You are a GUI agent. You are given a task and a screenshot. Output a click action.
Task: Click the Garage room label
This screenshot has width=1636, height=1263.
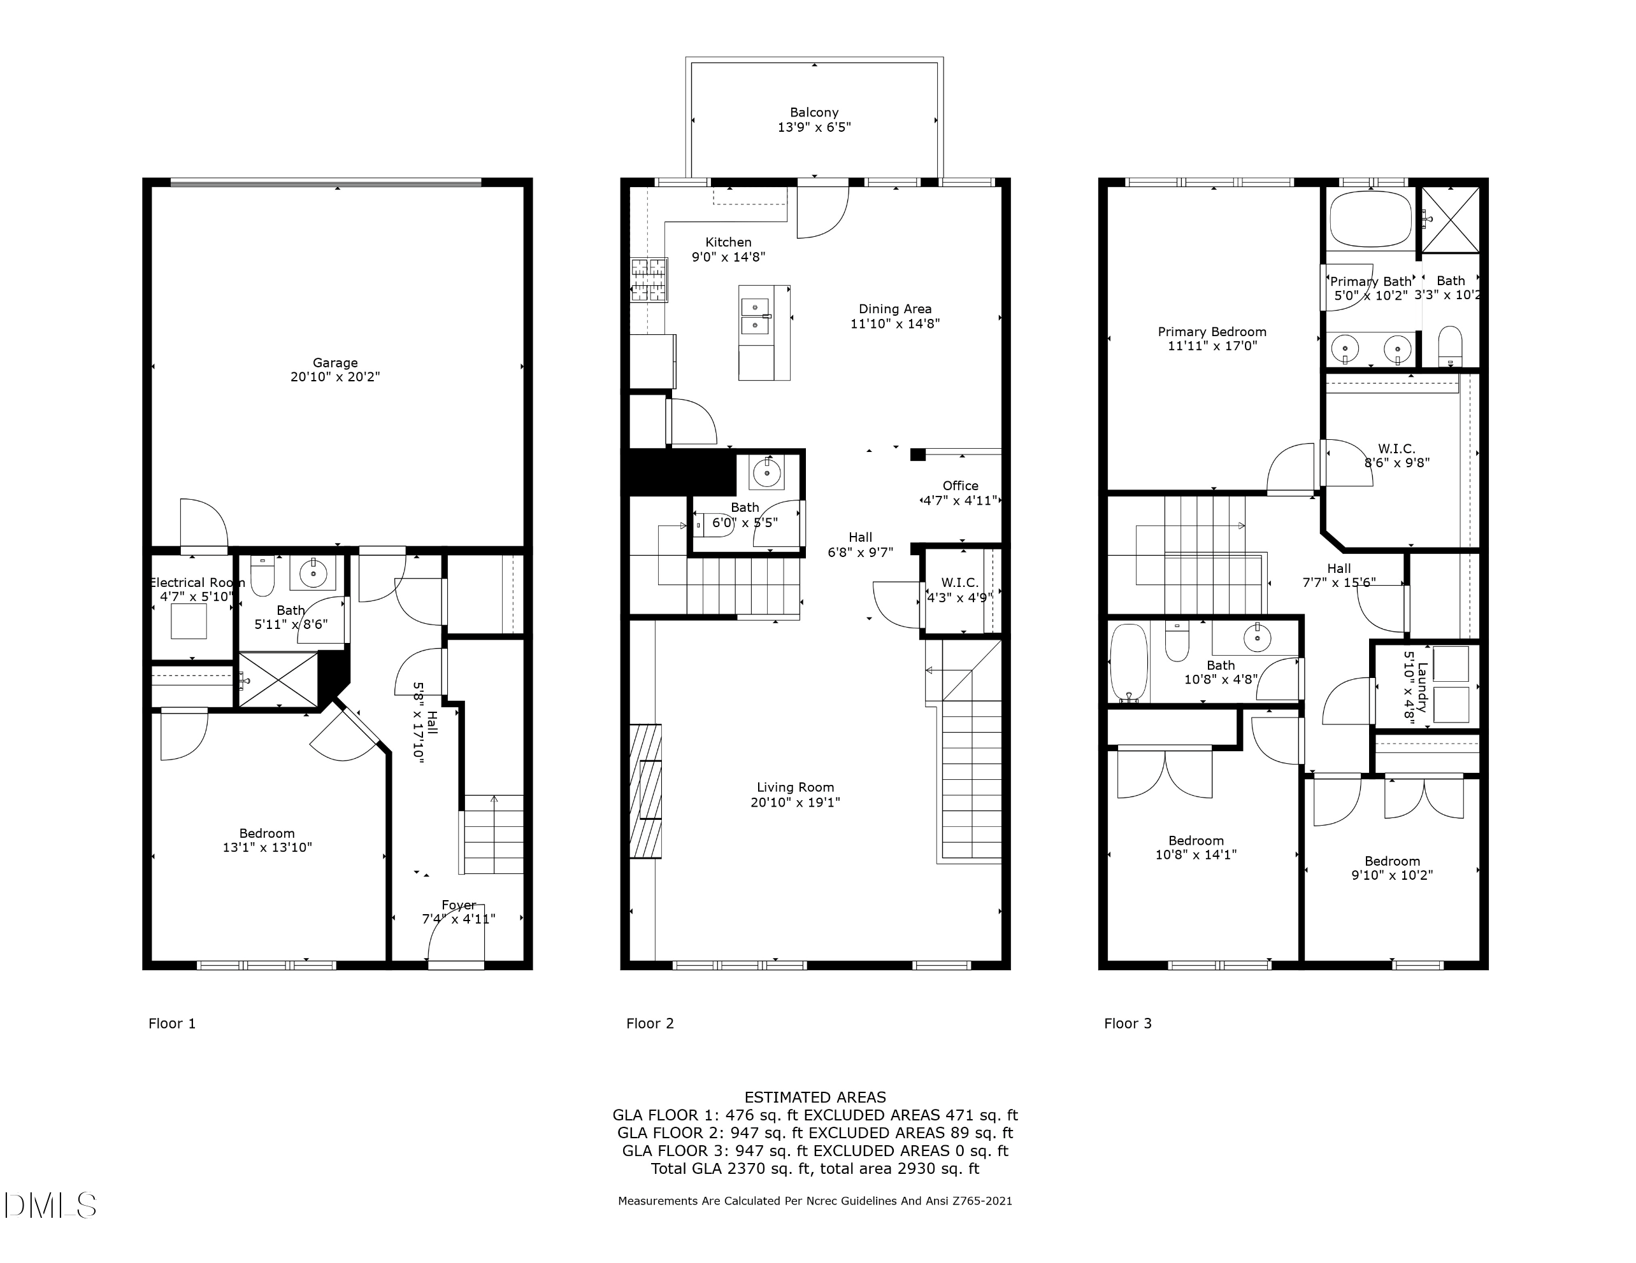[x=335, y=362]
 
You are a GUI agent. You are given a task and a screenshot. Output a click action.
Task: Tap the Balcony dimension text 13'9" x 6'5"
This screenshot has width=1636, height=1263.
[x=814, y=127]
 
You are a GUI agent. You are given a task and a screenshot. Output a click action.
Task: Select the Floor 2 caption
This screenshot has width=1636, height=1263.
[x=649, y=1024]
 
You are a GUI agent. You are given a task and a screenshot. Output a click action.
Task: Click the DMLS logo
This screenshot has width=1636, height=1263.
[x=50, y=1204]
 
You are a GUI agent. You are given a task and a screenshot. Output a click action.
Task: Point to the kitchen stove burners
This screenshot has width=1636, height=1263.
[x=649, y=279]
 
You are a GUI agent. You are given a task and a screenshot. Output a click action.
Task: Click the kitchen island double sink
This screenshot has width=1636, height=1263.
[x=755, y=316]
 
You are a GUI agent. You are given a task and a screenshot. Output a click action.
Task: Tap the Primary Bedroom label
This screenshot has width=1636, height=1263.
[x=1211, y=332]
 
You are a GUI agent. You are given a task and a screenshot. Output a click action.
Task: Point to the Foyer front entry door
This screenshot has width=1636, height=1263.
[x=456, y=943]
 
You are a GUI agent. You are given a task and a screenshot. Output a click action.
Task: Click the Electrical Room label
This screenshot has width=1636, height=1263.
[x=196, y=582]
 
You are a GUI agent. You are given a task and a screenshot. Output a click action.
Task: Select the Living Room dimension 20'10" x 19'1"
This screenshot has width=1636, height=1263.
[x=795, y=803]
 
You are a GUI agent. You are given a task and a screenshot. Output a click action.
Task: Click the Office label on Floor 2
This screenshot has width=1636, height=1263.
[x=960, y=485]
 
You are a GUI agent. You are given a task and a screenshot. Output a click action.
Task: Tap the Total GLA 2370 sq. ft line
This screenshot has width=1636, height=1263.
[x=815, y=1169]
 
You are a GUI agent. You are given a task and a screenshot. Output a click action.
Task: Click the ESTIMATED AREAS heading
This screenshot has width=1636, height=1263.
[x=815, y=1097]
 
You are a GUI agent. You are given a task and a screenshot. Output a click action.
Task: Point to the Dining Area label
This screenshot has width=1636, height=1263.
[x=894, y=309]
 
